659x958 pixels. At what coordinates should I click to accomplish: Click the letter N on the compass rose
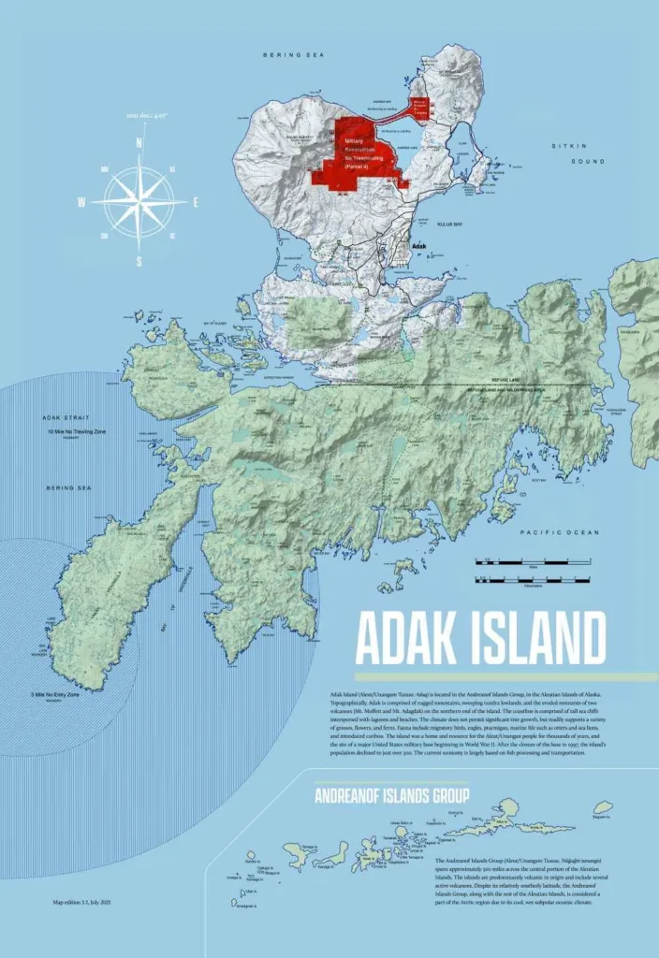pos(139,143)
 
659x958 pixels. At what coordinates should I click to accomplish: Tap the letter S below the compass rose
pos(139,262)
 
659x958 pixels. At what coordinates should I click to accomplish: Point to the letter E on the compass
pos(196,202)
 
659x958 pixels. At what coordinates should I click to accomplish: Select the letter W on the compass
pos(82,202)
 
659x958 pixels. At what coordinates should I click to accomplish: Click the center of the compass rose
pos(139,201)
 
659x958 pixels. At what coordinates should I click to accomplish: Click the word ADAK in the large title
pos(397,638)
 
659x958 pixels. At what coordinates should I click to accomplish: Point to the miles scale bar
pos(533,562)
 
